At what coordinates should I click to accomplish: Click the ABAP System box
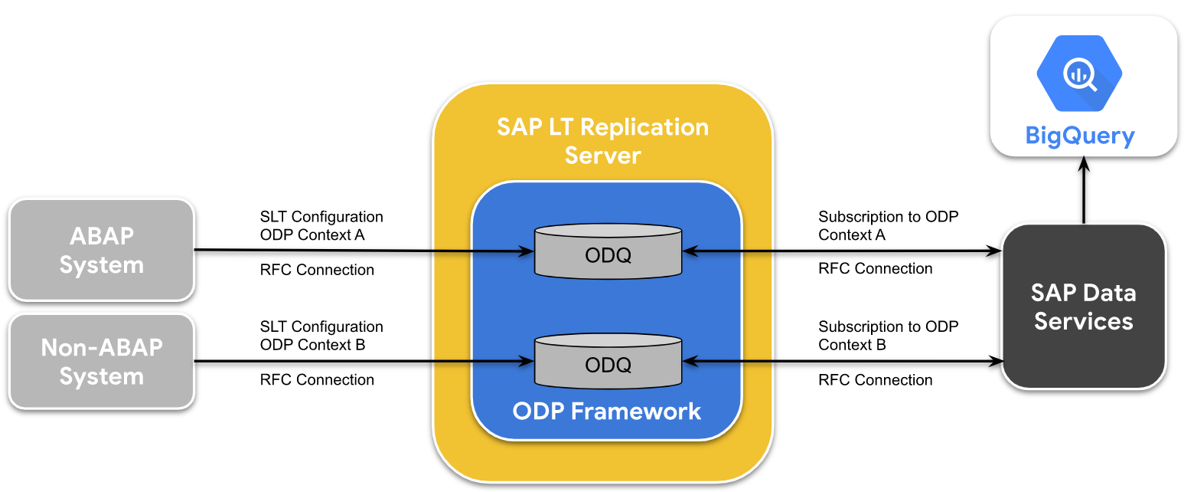[102, 250]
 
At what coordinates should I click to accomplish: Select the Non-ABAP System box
[102, 362]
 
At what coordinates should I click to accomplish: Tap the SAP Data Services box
[1083, 306]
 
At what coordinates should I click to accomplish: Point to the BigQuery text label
[1080, 136]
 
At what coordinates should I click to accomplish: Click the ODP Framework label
[607, 412]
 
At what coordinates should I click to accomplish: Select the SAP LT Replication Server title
[603, 141]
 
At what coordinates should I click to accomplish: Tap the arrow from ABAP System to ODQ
[364, 251]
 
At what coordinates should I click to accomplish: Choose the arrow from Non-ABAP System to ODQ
[364, 361]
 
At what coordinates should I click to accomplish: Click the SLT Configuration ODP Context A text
[321, 226]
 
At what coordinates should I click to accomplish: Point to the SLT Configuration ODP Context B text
[321, 336]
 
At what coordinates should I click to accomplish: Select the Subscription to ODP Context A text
[888, 226]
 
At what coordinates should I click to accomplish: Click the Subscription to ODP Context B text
[888, 336]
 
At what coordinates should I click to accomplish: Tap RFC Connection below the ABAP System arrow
[317, 270]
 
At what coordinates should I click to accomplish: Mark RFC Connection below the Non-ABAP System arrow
[317, 380]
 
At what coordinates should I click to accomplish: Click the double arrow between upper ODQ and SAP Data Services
[842, 251]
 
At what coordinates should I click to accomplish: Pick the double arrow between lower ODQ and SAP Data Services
[842, 360]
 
